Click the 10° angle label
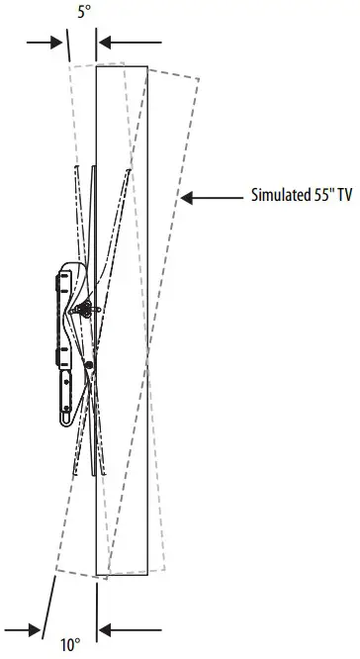(68, 645)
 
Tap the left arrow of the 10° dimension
(24, 629)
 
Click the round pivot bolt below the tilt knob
(90, 365)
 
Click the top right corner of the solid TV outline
(147, 65)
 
